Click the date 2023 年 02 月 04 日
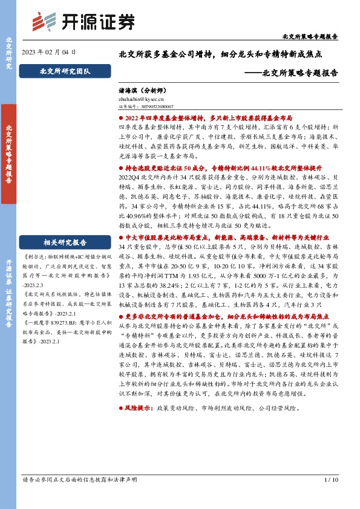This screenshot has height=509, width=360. pos(49,53)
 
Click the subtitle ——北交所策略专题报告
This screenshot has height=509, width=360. pos(294,73)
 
